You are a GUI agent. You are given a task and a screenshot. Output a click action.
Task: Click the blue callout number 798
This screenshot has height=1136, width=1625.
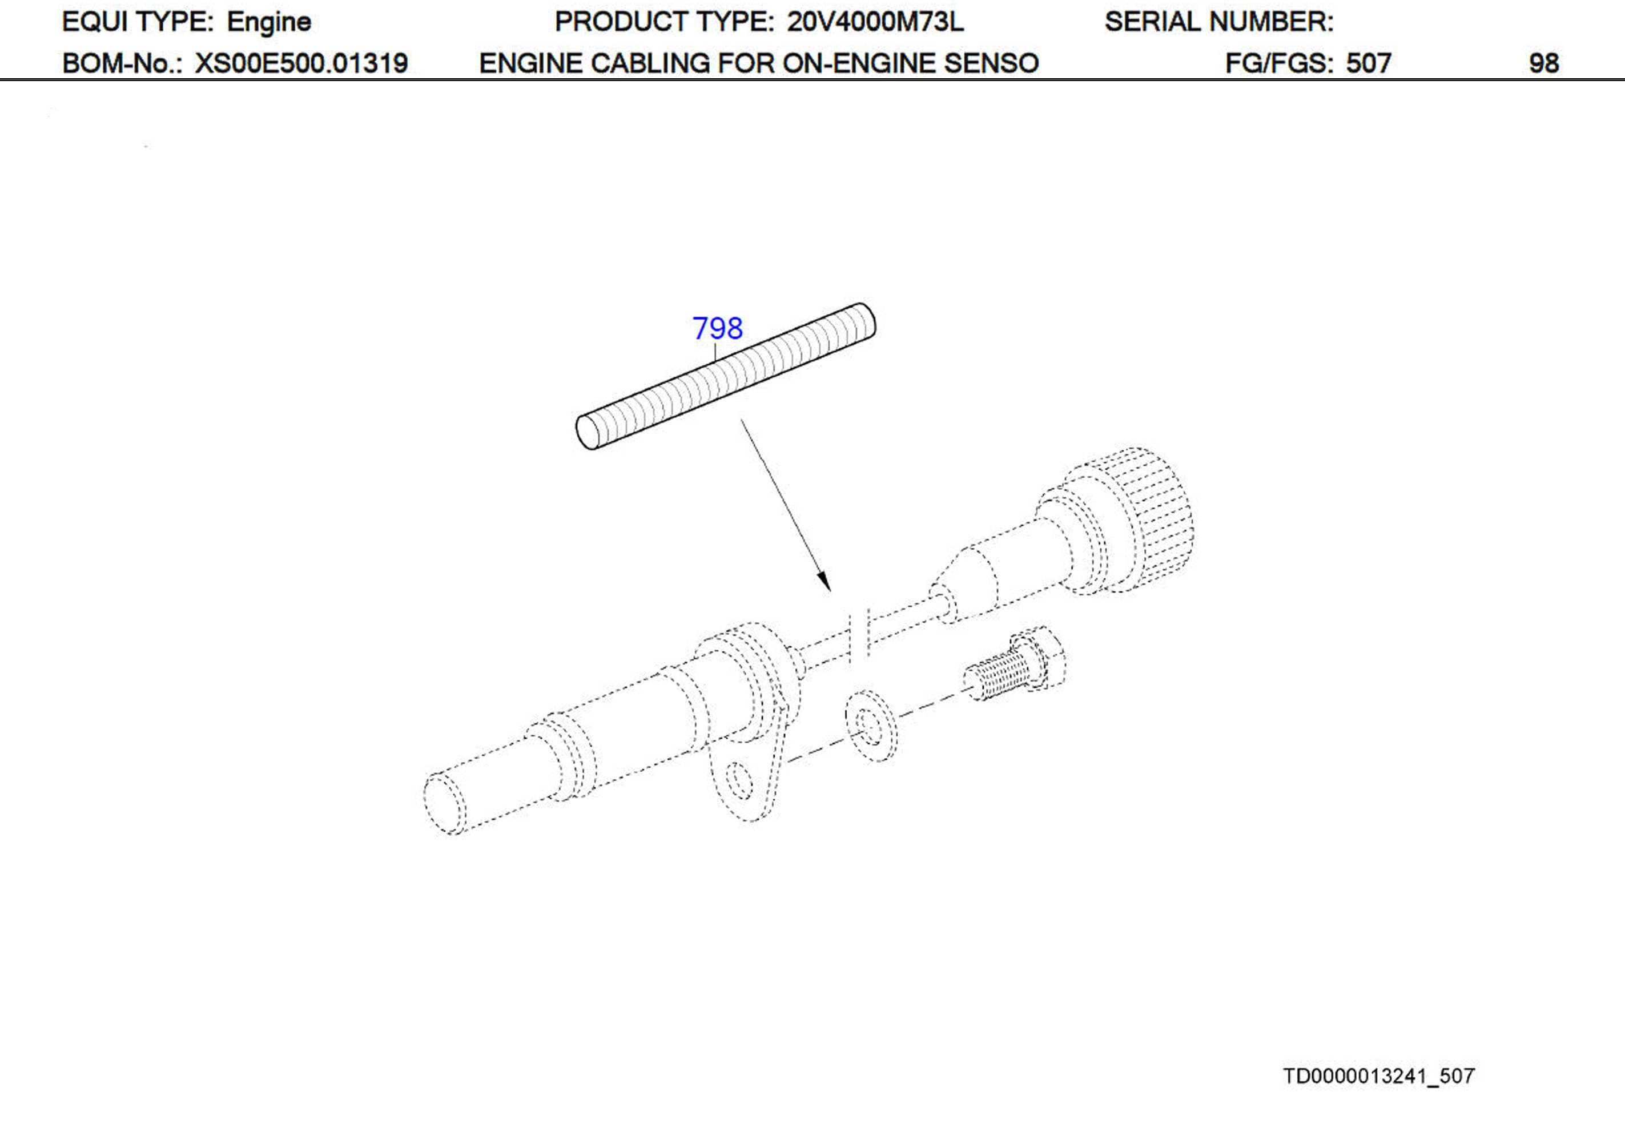point(717,328)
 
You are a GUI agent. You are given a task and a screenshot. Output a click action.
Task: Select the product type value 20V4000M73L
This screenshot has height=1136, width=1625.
point(875,22)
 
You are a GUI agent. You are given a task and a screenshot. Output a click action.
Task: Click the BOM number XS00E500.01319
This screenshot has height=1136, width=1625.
point(301,64)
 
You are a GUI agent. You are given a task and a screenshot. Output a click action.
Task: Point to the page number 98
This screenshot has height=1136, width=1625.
point(1543,64)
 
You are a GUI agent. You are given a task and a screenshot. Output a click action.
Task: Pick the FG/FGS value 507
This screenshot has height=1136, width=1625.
point(1368,64)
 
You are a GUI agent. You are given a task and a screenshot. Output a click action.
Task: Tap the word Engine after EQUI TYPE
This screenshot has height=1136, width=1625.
point(268,22)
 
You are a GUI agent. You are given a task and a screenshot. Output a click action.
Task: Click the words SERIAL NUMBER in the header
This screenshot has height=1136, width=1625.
point(1218,22)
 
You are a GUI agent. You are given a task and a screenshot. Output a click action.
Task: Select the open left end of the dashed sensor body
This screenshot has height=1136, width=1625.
point(444,804)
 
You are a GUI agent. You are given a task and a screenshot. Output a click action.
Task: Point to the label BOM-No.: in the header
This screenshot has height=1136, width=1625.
point(122,64)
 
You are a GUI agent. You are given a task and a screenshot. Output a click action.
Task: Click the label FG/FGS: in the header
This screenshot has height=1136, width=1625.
point(1281,64)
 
